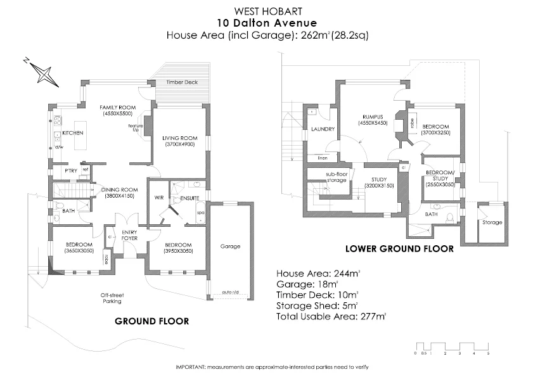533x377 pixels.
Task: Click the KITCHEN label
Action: click(73, 133)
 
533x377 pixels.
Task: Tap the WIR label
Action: click(159, 198)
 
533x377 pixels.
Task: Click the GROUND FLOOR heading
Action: click(151, 321)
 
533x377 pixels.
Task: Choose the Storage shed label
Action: click(492, 222)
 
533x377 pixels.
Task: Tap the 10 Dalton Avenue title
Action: click(266, 23)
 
